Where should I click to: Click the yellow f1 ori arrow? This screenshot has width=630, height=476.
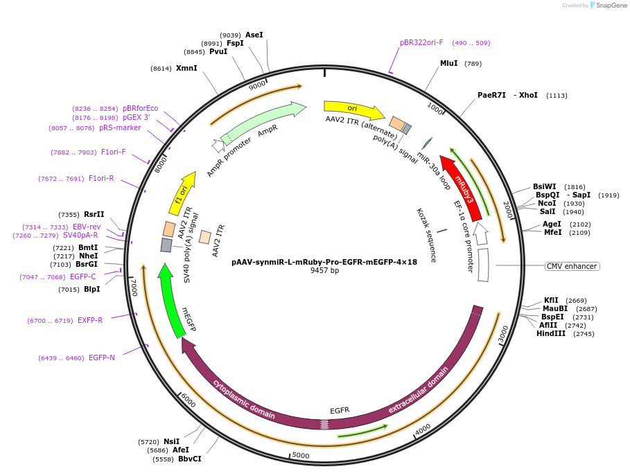coord(182,194)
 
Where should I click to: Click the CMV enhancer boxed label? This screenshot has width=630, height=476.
coord(572,266)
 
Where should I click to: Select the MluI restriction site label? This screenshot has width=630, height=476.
coord(449,63)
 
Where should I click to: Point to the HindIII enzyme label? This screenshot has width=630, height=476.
coord(550,333)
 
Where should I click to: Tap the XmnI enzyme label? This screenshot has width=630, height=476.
coord(186,68)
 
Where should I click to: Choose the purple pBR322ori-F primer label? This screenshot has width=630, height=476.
coord(421,42)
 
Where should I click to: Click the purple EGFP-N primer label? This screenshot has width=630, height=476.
coord(102,358)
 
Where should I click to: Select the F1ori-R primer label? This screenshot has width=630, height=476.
coord(101,178)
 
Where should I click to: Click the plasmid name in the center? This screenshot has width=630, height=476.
coord(324,262)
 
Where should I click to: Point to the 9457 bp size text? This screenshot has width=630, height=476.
coord(324,270)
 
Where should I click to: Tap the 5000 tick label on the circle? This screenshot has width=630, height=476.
coord(301,455)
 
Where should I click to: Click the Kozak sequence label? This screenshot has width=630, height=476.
coord(426,235)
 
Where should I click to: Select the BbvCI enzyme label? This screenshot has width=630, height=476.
coord(190,459)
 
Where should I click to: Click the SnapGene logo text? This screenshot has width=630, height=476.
coord(610,6)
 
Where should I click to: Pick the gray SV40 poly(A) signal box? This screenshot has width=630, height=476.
coord(166,245)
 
